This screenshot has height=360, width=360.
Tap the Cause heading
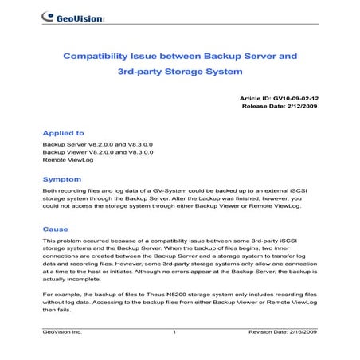pos(55,229)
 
